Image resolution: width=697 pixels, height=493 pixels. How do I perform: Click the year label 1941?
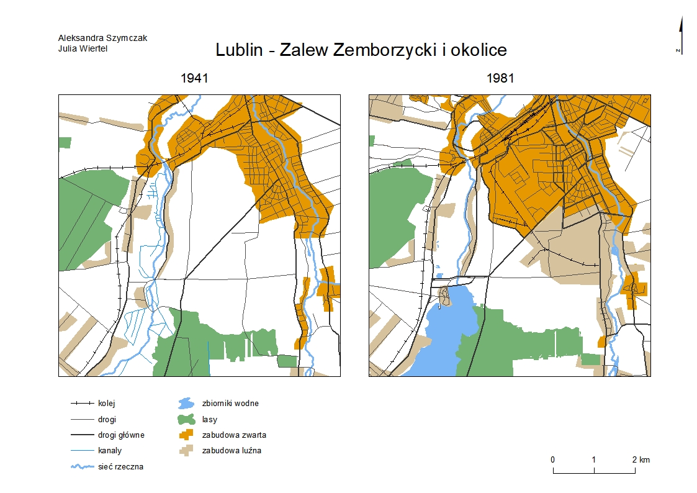click(193, 79)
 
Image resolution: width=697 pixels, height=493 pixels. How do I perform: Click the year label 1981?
click(500, 79)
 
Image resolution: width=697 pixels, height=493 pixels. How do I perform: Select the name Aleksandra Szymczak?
click(102, 38)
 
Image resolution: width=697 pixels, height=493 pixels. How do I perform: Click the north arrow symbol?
click(681, 34)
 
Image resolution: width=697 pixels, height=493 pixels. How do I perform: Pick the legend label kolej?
click(107, 403)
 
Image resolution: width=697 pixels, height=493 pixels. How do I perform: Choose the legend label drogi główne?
click(121, 435)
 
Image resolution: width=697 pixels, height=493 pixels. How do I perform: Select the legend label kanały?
click(110, 450)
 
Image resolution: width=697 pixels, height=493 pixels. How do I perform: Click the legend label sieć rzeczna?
click(120, 466)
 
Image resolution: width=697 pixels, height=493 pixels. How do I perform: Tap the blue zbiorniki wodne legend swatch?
click(186, 403)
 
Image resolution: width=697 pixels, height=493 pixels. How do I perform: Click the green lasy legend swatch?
click(186, 419)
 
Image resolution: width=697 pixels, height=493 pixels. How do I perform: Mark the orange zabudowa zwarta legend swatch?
click(186, 435)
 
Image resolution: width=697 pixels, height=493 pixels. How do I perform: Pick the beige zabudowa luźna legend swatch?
click(186, 450)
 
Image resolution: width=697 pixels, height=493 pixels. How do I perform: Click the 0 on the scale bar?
click(552, 460)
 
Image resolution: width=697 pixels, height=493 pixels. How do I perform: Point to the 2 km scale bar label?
click(641, 460)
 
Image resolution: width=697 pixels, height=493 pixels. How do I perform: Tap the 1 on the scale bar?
click(594, 460)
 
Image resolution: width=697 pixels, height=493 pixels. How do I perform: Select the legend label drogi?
click(107, 419)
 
